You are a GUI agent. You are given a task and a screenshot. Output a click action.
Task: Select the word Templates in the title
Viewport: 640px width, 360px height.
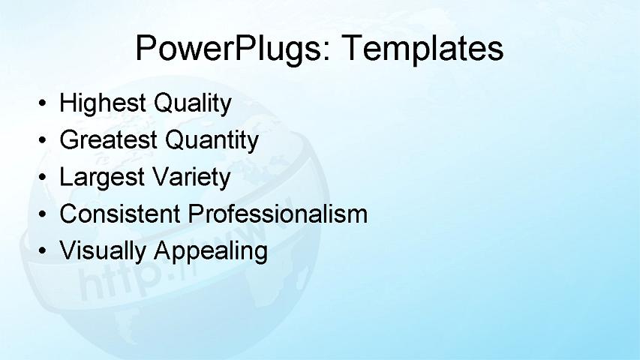click(422, 49)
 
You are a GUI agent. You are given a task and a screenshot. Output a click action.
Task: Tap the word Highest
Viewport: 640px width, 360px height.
click(103, 103)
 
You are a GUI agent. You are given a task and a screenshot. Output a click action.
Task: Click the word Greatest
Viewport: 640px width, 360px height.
click(108, 139)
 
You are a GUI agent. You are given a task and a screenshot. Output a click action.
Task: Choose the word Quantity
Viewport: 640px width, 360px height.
click(212, 140)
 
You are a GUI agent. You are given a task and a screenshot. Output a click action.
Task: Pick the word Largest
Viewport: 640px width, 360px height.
click(102, 177)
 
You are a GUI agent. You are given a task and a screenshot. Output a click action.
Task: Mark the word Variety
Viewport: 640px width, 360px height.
click(191, 177)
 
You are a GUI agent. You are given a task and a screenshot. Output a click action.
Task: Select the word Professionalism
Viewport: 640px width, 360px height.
click(278, 214)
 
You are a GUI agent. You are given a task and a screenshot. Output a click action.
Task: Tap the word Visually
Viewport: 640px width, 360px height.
click(103, 250)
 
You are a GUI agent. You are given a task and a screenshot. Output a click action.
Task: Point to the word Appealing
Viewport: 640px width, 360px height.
click(211, 251)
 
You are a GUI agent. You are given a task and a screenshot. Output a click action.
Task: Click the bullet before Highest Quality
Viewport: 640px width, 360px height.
click(45, 103)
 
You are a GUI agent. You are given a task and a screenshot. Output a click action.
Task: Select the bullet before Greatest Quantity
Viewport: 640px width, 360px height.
click(45, 140)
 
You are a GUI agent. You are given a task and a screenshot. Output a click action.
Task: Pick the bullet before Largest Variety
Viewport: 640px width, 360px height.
click(45, 177)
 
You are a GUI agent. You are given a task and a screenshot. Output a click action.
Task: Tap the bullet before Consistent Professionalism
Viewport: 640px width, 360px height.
click(45, 214)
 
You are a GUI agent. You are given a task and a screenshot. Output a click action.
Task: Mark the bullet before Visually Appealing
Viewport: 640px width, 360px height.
click(45, 250)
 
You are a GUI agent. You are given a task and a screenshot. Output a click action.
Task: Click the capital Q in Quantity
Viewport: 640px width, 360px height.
click(173, 139)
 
